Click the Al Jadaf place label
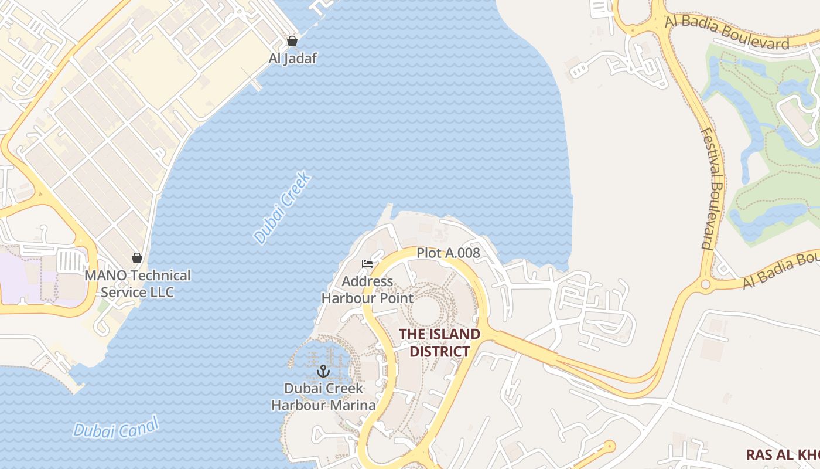tap(292, 58)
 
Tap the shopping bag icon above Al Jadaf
tap(292, 41)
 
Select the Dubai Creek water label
tap(282, 208)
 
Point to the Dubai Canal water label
tap(116, 427)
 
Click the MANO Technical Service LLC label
tap(138, 284)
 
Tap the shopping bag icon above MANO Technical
tap(137, 258)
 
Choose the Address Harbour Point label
tap(367, 290)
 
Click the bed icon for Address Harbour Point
tap(367, 264)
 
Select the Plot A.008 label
tap(448, 253)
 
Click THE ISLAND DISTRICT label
tap(439, 342)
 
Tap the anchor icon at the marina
tap(323, 371)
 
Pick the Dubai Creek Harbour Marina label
tap(323, 396)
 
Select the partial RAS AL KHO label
tap(783, 454)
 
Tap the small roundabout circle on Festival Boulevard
tap(705, 285)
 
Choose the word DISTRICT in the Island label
tap(439, 351)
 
